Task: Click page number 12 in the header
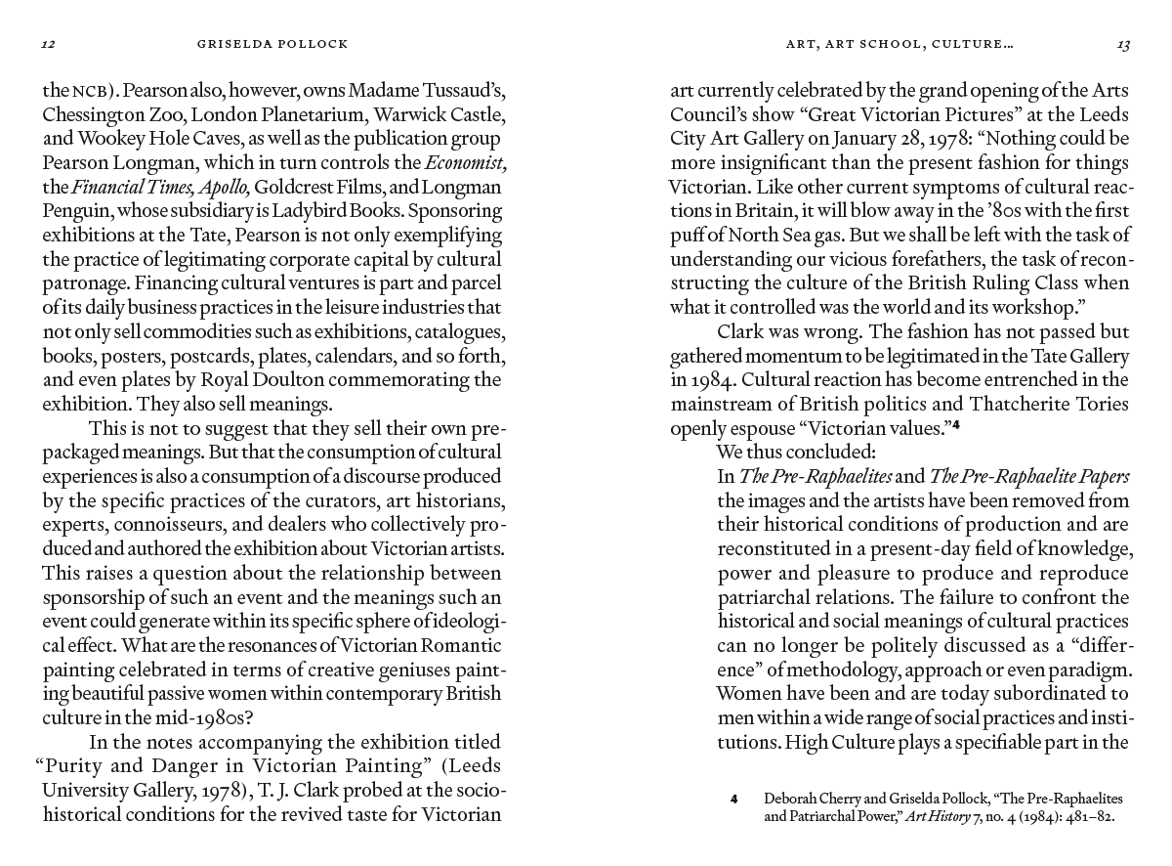pos(47,44)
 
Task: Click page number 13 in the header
pos(1123,44)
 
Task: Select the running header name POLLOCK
pos(313,44)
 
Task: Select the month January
pos(858,139)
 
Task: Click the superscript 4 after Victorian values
pos(958,424)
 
